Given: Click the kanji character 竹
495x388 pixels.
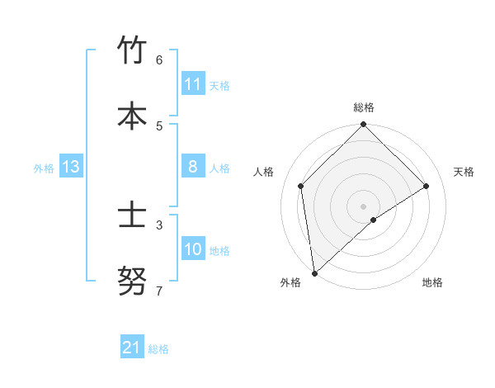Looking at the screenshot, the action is point(132,51).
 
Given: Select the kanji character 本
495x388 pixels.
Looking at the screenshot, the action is point(132,116).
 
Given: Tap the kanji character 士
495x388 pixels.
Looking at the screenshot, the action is point(132,215).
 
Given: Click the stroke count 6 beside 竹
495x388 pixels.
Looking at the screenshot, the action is point(159,60).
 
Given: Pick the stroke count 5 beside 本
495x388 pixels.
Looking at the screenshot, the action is point(159,125).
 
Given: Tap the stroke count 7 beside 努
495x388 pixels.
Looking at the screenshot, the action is point(159,291).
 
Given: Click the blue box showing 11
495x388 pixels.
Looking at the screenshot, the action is point(193,84).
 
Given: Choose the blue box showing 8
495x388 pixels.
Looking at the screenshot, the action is point(193,167).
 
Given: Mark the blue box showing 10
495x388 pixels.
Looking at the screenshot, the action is point(193,249).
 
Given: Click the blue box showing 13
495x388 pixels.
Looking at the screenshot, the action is point(70,167).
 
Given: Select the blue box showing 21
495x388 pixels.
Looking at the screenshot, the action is point(132,348).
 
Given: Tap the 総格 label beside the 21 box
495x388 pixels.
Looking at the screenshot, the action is point(158,349).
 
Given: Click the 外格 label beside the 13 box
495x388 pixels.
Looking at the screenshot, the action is point(44,168).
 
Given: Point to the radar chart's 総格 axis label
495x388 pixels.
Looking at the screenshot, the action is point(364,107).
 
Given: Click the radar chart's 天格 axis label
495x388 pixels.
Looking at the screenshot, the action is point(464,172).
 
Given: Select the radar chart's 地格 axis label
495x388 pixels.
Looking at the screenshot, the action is point(432,282).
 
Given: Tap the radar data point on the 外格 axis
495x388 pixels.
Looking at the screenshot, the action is point(313,272).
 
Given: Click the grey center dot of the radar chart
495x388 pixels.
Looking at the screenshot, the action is point(363,206).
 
